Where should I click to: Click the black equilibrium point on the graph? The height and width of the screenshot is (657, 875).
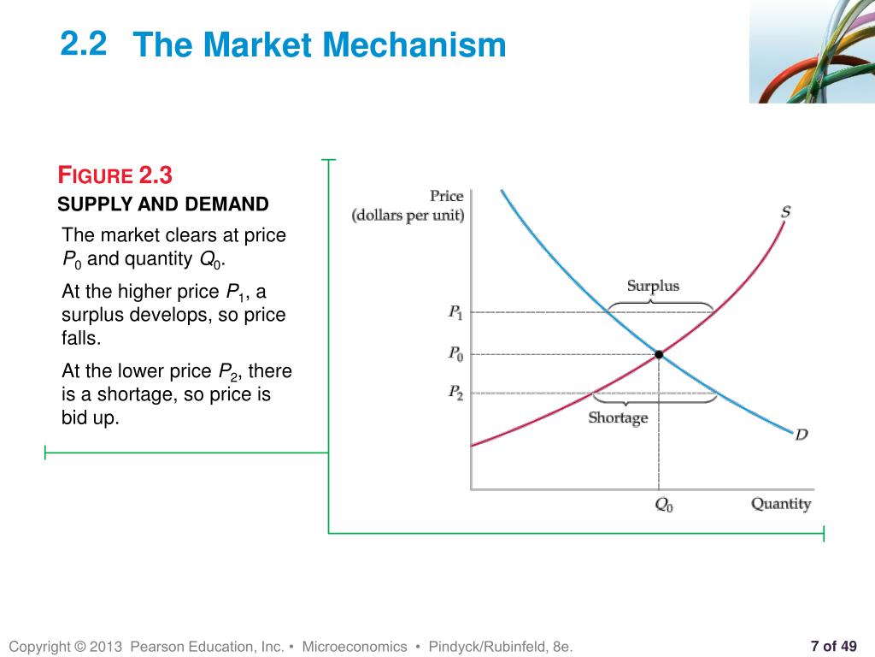pos(659,354)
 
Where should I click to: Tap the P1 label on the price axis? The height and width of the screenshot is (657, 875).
pos(456,312)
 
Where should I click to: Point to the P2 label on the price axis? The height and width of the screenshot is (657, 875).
pos(456,394)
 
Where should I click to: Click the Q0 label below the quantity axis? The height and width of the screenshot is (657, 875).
pos(664,506)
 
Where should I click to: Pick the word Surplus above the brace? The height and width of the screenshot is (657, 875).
pos(653,286)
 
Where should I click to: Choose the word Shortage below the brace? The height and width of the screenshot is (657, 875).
pos(618,418)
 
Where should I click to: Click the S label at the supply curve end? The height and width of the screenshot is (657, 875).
pos(785,211)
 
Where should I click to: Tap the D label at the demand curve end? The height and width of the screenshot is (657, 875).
pos(801,435)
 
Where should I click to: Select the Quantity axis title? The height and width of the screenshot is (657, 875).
pos(780,504)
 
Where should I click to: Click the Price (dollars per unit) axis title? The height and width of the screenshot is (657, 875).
pos(408,206)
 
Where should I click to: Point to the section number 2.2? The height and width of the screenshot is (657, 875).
pos(84,44)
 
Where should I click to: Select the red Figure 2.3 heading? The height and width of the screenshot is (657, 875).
pos(115,176)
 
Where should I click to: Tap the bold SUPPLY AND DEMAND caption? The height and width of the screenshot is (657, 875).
pos(163,204)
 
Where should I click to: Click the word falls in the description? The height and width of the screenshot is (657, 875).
pos(81,338)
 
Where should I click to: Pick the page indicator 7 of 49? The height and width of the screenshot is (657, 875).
pos(833,646)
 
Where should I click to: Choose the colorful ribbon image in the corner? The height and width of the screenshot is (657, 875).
pos(812,51)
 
